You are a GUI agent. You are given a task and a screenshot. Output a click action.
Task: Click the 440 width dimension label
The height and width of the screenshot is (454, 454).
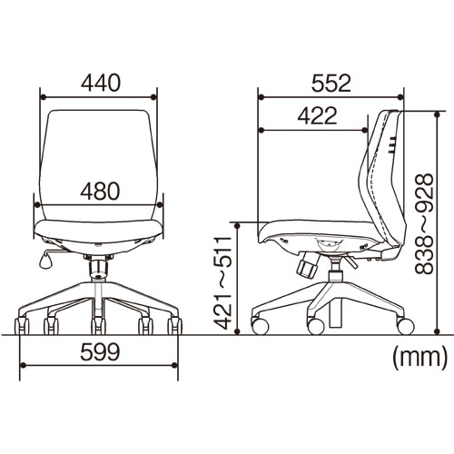click(101, 84)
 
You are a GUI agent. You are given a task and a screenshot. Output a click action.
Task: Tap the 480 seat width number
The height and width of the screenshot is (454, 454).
click(100, 192)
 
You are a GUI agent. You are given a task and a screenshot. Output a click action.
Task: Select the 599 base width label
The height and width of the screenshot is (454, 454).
click(100, 352)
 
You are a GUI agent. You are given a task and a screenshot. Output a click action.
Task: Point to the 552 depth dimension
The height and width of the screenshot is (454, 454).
click(331, 84)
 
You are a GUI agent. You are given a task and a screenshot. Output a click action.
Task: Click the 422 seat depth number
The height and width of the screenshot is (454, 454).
click(317, 116)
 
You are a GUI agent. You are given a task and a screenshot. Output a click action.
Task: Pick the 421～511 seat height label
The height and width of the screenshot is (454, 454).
click(222, 282)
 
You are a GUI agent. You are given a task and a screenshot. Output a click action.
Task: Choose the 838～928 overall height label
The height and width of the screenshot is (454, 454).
click(424, 224)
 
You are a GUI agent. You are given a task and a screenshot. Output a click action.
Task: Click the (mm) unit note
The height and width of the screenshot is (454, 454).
click(419, 359)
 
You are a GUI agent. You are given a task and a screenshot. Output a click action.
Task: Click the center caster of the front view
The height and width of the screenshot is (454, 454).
click(98, 325)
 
